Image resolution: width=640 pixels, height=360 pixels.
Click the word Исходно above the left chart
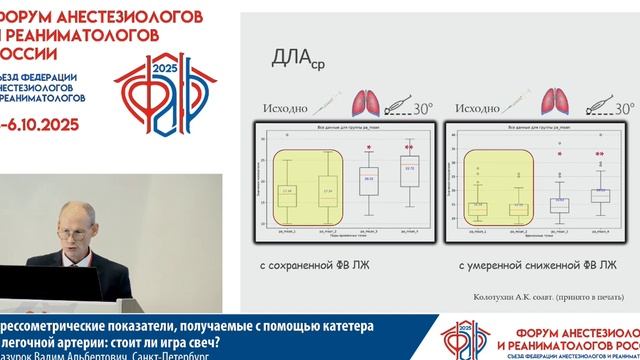(x=284, y=106)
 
